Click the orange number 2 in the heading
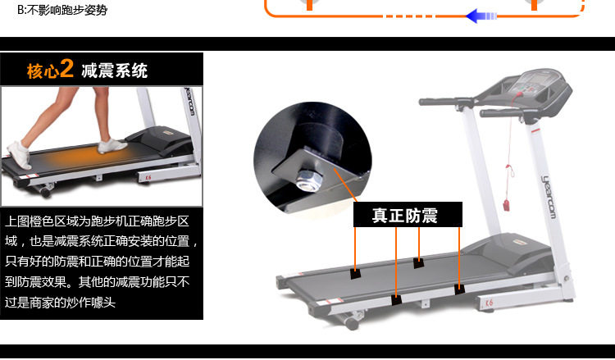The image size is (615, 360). click(x=67, y=70)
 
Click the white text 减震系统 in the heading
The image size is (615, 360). click(x=115, y=71)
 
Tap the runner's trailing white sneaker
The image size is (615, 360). click(x=19, y=152)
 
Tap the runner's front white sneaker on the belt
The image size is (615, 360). click(x=112, y=146)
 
